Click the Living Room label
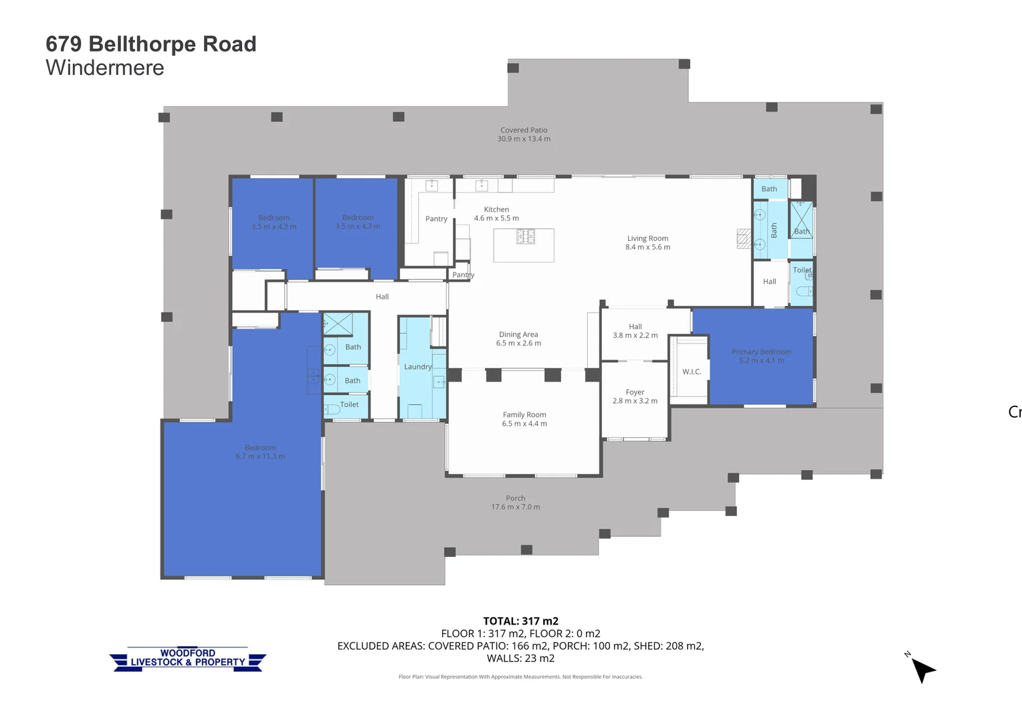647,238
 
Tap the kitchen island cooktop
526,236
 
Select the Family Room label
524,415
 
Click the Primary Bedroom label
761,351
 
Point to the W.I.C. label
692,372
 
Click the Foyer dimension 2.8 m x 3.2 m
635,401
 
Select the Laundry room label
417,367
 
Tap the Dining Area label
518,335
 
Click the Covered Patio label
524,131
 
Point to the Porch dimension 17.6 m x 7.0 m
516,507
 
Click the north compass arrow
922,668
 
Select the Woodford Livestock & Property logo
188,659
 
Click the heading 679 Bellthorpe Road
151,44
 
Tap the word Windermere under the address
105,68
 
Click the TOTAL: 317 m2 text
520,621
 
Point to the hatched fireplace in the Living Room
744,239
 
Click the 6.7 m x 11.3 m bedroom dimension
260,457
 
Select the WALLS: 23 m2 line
520,659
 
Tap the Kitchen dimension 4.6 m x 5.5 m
496,218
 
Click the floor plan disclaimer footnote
520,677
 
